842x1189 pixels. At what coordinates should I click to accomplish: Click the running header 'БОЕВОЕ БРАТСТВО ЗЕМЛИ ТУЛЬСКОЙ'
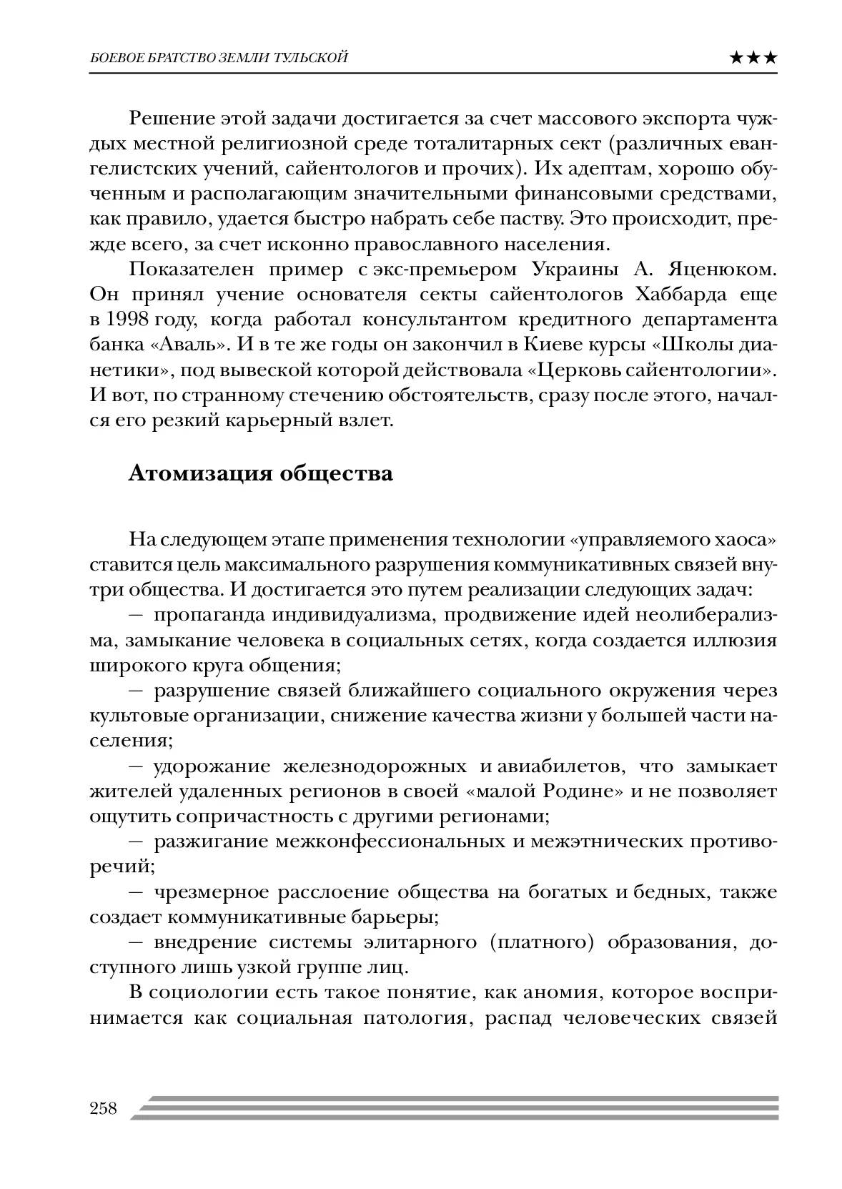pos(219,58)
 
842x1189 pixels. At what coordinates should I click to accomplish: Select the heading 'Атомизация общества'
pos(260,474)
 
